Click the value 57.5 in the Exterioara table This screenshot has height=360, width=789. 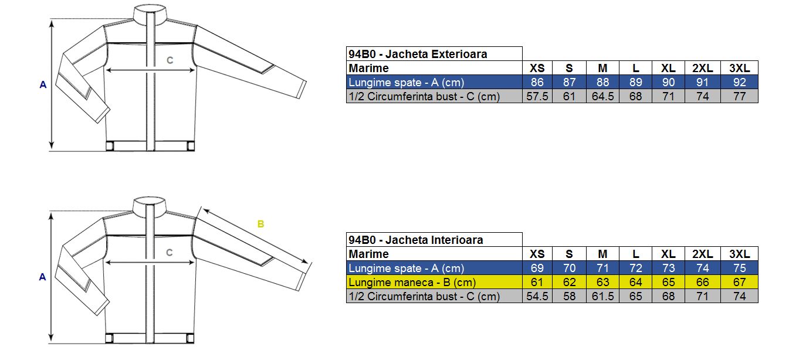(x=537, y=96)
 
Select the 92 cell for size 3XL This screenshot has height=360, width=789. (x=739, y=82)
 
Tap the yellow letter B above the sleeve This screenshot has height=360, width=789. (x=260, y=224)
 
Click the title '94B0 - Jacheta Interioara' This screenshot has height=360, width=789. (x=416, y=240)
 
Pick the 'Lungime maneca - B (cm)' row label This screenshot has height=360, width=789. (x=412, y=282)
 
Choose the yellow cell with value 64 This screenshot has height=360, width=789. (x=635, y=282)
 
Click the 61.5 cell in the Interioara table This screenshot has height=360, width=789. (x=602, y=296)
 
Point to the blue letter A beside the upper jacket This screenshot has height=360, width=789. (x=43, y=85)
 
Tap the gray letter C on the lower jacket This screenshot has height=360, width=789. (x=170, y=253)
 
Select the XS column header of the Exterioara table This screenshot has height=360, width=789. (x=537, y=68)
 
